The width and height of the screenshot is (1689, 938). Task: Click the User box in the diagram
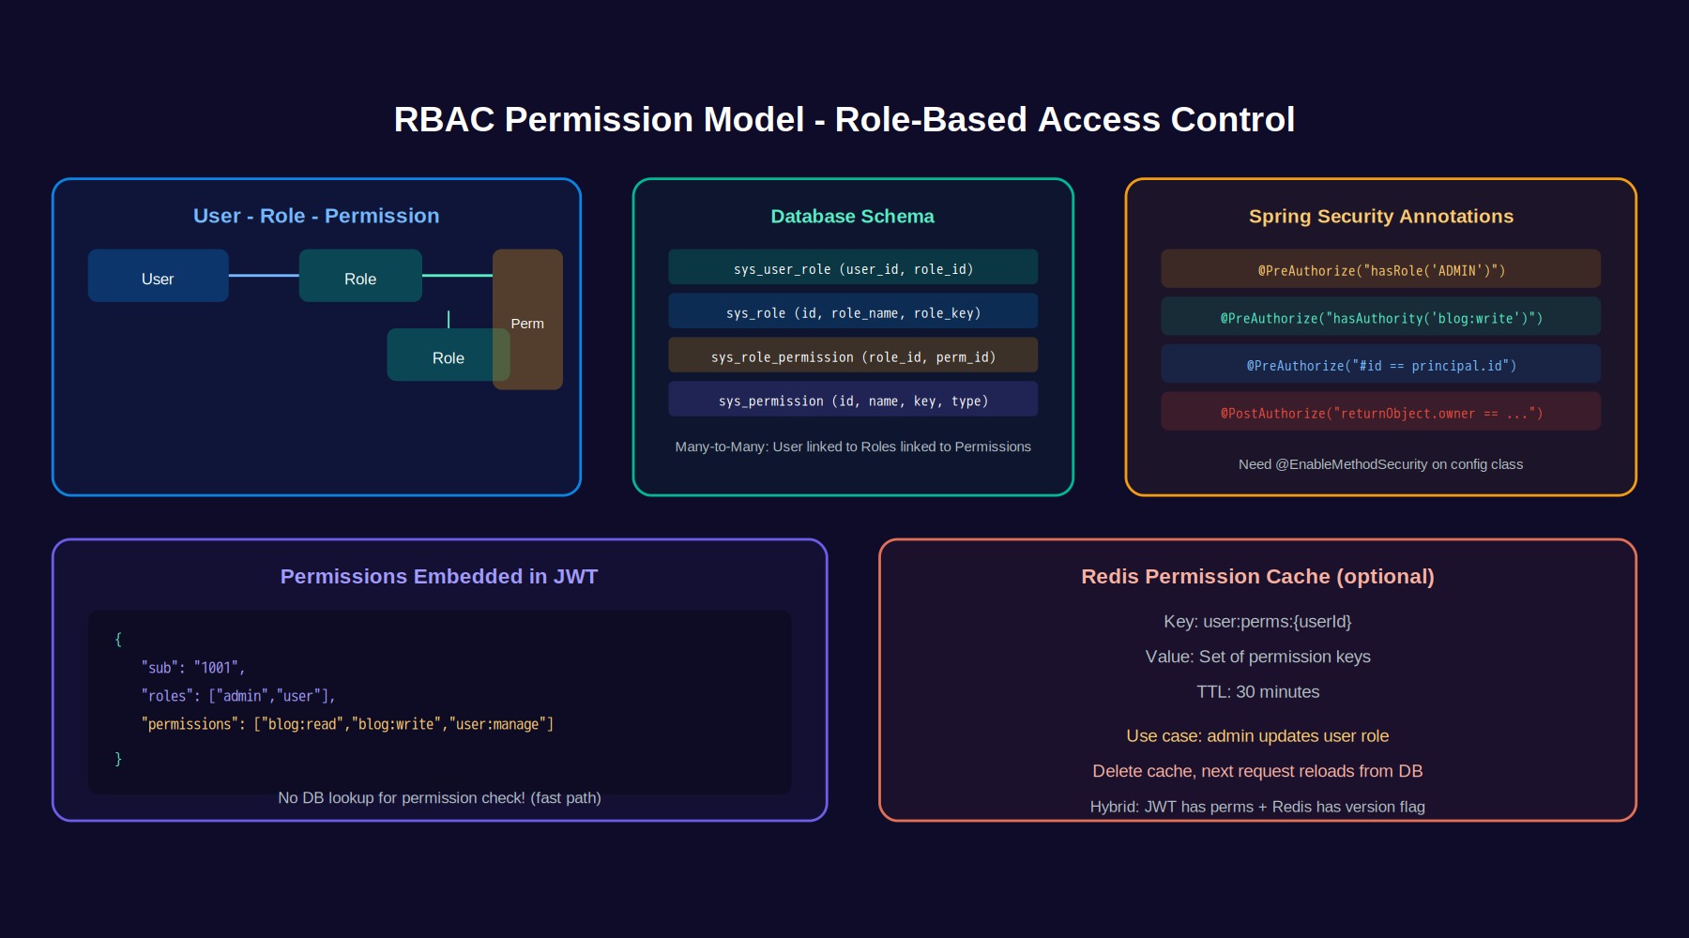[x=158, y=276]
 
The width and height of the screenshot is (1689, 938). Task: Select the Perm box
[x=527, y=319]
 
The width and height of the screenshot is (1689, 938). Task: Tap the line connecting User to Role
[x=264, y=276]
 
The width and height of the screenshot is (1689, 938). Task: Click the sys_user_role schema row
[x=853, y=267]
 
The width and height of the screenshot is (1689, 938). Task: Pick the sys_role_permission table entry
[x=853, y=356]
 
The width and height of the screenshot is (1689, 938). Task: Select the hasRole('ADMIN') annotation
[x=1380, y=269]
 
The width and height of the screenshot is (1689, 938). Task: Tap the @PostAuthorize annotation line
[x=1380, y=412]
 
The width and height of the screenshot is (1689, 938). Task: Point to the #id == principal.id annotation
[x=1380, y=364]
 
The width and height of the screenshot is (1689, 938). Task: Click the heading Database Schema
[x=852, y=216]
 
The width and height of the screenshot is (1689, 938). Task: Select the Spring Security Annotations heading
[x=1381, y=216]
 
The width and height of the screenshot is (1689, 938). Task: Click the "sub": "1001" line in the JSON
[x=193, y=668]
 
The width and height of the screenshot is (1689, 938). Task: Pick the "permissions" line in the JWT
[x=347, y=724]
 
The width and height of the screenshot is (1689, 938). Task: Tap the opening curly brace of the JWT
[x=118, y=640]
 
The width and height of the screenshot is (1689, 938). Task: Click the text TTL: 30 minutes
[x=1257, y=692]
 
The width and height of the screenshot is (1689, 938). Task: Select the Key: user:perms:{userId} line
[x=1257, y=622]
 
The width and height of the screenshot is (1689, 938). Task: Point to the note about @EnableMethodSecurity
[x=1380, y=464]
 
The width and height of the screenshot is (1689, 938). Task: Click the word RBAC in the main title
[x=444, y=120]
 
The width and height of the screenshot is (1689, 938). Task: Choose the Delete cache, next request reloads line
[x=1257, y=771]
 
